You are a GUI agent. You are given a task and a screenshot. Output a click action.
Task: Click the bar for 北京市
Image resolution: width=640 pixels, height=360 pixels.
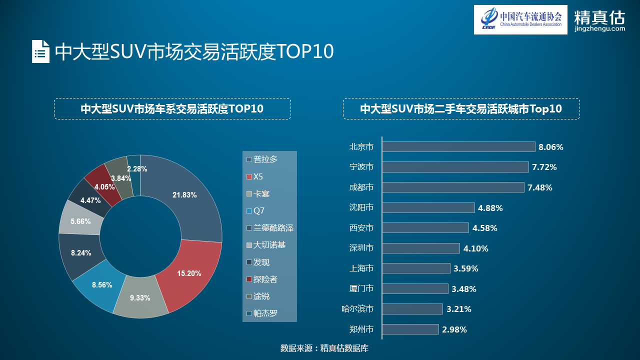coord(458,146)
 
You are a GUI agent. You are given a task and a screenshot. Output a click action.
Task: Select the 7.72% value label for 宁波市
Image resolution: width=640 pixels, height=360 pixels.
coord(544,167)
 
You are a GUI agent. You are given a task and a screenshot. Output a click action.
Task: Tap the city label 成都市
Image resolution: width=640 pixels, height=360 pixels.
coord(361,187)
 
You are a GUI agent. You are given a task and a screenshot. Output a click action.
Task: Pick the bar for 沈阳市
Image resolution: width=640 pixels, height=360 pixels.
coord(428,207)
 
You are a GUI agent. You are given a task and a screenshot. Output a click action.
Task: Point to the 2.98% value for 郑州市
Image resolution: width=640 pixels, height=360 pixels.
coord(454,329)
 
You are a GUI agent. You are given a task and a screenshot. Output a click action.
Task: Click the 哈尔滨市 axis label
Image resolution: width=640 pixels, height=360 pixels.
coord(357,309)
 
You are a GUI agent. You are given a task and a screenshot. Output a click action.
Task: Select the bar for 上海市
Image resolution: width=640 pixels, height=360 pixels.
coord(416,268)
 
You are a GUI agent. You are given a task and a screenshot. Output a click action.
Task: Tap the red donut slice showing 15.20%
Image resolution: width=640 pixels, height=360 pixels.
coord(189,273)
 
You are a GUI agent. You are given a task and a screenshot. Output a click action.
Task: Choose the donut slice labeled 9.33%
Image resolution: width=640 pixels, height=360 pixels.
coord(140,298)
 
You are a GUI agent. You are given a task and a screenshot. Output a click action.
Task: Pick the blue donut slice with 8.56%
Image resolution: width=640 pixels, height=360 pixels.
coord(102,285)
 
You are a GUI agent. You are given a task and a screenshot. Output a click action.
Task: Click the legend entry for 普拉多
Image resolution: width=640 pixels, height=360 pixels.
coord(265,159)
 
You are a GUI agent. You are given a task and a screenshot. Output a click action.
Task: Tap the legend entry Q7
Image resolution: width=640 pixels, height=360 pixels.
coord(258,210)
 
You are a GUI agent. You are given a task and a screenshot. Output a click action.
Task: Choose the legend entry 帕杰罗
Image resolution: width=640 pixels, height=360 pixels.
coord(265,313)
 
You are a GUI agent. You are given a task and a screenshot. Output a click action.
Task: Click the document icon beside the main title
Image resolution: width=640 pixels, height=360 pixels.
coord(40,51)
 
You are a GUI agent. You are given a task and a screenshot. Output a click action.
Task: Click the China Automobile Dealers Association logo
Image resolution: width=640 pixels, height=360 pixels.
coord(520,19)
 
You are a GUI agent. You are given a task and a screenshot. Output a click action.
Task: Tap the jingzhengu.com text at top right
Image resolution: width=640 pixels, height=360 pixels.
coord(599,29)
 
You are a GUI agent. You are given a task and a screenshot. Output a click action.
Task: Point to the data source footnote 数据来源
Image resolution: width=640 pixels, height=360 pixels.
coord(324,348)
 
